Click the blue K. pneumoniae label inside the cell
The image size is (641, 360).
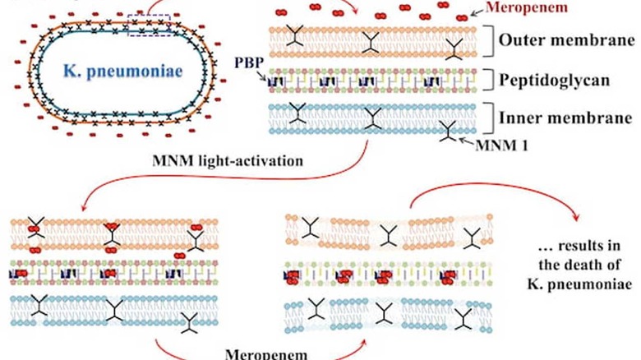click(x=123, y=72)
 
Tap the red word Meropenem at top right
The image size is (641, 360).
click(x=527, y=7)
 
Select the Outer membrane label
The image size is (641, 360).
click(x=566, y=40)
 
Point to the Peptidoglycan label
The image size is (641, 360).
click(x=555, y=81)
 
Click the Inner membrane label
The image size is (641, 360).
click(x=565, y=118)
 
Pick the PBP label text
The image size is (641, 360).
click(x=249, y=62)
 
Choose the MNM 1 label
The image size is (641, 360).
click(x=501, y=145)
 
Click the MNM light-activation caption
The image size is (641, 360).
click(x=228, y=160)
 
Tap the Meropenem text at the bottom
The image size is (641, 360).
click(x=266, y=354)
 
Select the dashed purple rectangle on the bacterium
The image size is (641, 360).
click(x=149, y=25)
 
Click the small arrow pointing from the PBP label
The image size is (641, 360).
click(x=263, y=75)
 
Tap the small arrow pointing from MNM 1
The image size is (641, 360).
click(x=466, y=141)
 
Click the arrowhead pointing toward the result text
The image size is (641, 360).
click(x=575, y=216)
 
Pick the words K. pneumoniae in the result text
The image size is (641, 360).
click(x=579, y=284)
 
